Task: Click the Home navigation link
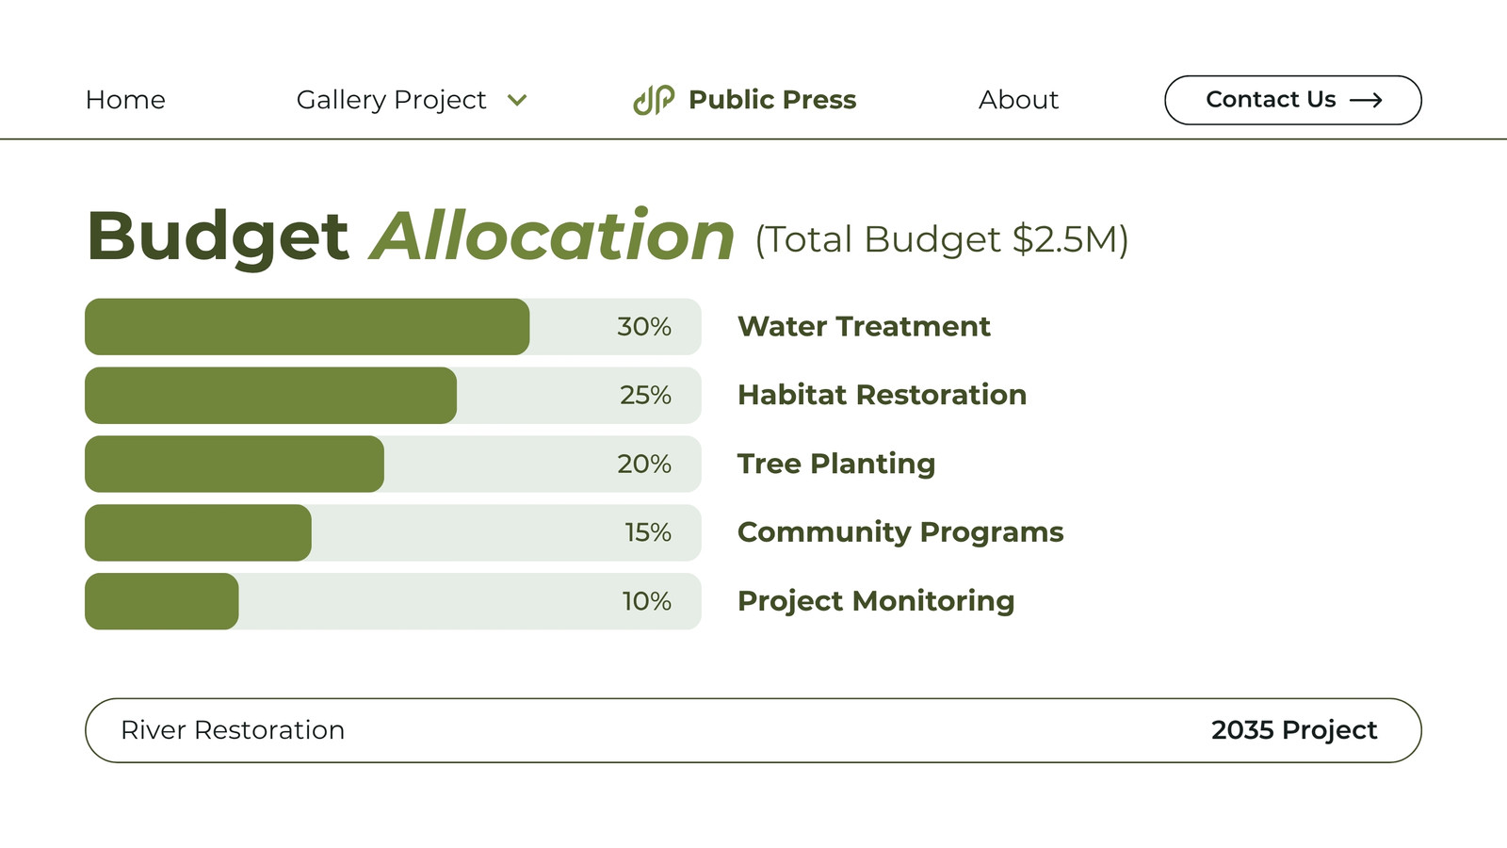tap(125, 100)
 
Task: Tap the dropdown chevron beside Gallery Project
tap(517, 100)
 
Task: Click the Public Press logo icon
tap(654, 100)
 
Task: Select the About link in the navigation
tap(1018, 100)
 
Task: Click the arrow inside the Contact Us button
tap(1366, 100)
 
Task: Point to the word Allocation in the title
tap(552, 236)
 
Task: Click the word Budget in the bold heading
tap(218, 236)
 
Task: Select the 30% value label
tap(644, 326)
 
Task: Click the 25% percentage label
tap(645, 395)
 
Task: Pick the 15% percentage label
tap(648, 532)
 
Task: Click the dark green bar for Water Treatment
tap(307, 326)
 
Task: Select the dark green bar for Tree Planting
tap(235, 464)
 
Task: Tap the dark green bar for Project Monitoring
tap(161, 601)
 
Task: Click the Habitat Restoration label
tap(882, 395)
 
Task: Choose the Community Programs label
tap(900, 532)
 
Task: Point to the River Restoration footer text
tap(233, 730)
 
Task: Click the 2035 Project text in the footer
tap(1294, 730)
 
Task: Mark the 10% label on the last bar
tap(646, 601)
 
